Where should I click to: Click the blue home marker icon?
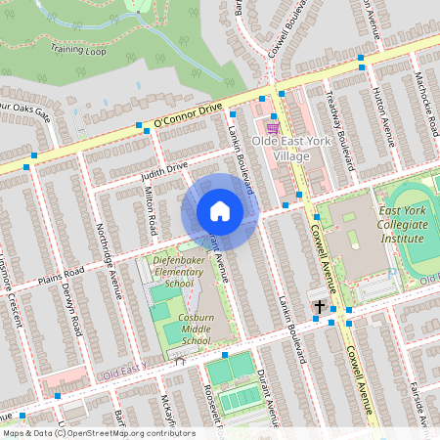click(220, 211)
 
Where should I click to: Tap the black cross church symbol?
click(319, 307)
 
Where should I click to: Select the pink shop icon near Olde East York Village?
click(273, 127)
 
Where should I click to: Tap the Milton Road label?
click(152, 212)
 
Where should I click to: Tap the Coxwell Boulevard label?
click(291, 25)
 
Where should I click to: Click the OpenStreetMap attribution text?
click(99, 433)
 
